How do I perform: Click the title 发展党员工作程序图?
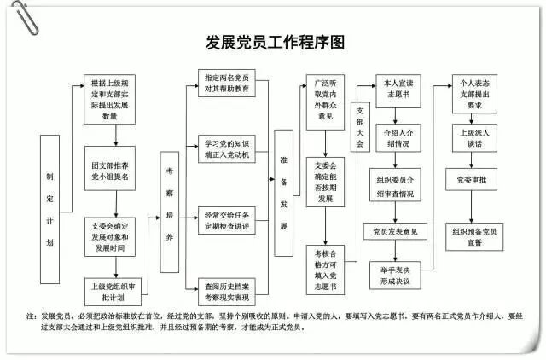274,44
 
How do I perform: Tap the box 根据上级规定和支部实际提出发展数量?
110,100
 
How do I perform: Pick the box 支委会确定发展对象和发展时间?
110,232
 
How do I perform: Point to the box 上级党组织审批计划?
110,291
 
